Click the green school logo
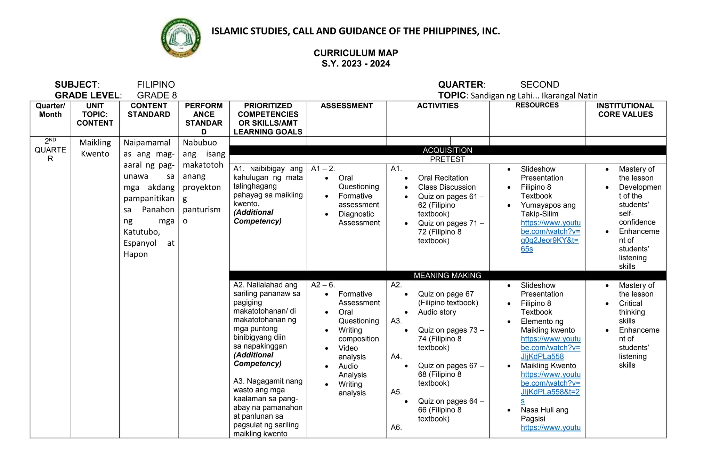click(181, 38)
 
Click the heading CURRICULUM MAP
click(356, 53)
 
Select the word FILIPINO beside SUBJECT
click(156, 85)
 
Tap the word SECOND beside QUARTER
click(540, 85)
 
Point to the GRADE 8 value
click(157, 95)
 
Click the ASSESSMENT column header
click(347, 106)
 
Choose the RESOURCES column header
click(537, 105)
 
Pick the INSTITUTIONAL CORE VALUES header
click(625, 110)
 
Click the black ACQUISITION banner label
click(447, 150)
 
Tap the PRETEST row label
click(447, 159)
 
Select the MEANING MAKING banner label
click(447, 276)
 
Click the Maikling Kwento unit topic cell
click(95, 148)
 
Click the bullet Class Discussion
click(446, 187)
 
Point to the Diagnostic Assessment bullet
click(359, 218)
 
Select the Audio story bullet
click(437, 312)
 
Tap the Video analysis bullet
click(351, 352)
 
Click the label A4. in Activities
click(396, 356)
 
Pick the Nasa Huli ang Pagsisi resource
click(544, 414)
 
